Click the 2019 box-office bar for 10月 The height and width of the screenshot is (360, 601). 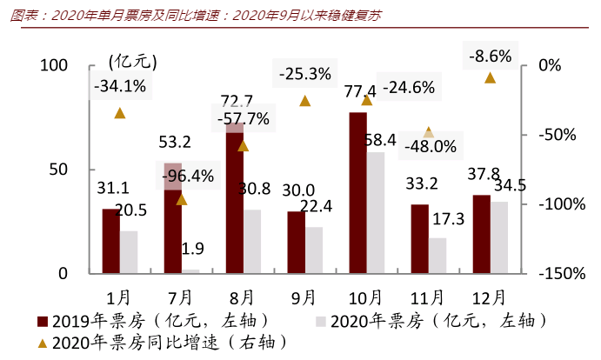click(x=357, y=193)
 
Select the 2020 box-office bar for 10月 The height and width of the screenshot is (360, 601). click(x=376, y=213)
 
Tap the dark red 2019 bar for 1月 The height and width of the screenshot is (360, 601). click(x=110, y=241)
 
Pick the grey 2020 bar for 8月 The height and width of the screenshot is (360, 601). click(x=251, y=241)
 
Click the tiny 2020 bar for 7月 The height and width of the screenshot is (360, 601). click(x=190, y=271)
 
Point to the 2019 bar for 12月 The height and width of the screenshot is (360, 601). click(x=481, y=234)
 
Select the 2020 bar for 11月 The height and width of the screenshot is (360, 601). click(x=437, y=256)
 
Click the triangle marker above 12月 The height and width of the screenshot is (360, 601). click(x=490, y=77)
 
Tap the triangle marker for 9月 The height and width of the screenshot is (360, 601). click(x=305, y=101)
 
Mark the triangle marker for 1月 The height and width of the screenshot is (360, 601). click(x=120, y=113)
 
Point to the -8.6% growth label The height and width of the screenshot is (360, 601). click(x=490, y=57)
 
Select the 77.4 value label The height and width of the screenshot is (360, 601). click(x=359, y=90)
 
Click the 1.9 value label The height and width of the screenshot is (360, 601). click(x=192, y=250)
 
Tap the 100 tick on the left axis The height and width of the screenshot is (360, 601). click(x=54, y=66)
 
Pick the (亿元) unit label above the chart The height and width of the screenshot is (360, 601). click(x=132, y=61)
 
